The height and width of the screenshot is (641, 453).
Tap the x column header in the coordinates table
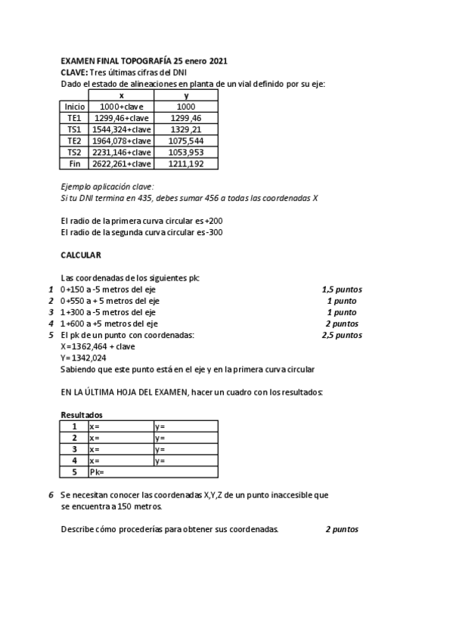[122, 95]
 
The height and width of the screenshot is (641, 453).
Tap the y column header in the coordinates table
[186, 95]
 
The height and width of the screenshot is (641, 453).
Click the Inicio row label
[75, 107]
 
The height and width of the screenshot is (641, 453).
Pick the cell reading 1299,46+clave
[122, 119]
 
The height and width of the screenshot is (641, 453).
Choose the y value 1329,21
[186, 130]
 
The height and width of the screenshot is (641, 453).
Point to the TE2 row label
[75, 141]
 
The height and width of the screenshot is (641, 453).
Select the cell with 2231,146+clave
[122, 153]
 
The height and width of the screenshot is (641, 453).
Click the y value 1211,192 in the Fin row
[186, 164]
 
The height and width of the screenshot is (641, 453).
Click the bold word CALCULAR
[81, 255]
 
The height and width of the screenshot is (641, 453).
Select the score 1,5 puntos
[341, 289]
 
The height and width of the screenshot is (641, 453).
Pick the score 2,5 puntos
[341, 334]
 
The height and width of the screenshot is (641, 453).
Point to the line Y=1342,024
[83, 358]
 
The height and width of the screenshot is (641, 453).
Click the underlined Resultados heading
[81, 415]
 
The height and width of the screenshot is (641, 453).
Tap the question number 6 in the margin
[51, 494]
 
